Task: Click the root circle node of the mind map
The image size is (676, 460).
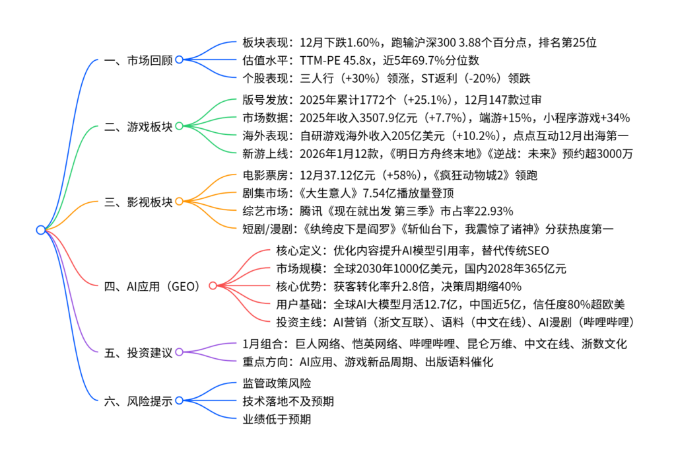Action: pyautogui.click(x=40, y=230)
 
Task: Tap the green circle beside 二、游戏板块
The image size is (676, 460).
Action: pyautogui.click(x=179, y=126)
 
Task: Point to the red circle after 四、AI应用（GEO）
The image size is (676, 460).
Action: pyautogui.click(x=213, y=286)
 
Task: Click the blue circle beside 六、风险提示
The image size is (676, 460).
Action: pyautogui.click(x=179, y=401)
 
